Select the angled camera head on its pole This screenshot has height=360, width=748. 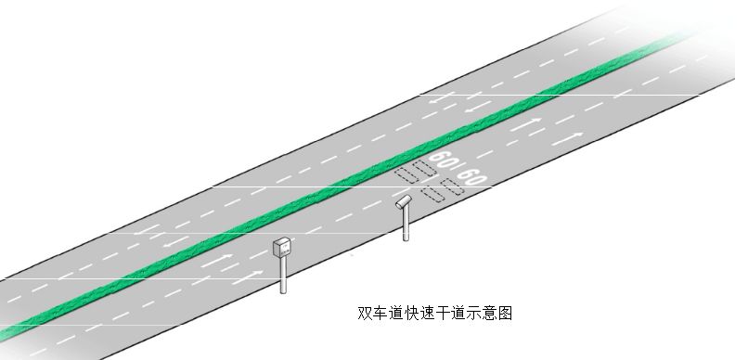403,200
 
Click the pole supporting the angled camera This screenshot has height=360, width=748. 406,224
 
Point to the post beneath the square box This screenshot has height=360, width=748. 284,276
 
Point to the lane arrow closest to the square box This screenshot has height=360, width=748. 249,275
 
